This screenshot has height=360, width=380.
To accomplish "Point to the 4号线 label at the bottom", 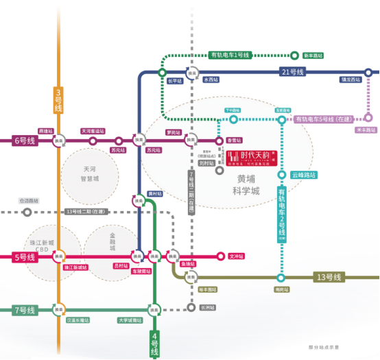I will (154, 342).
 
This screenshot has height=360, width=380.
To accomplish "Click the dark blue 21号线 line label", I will (294, 72).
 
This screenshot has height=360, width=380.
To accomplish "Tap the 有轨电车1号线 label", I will (230, 56).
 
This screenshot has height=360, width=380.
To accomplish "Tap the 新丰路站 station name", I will (313, 56).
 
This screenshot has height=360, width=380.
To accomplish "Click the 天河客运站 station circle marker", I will (93, 141).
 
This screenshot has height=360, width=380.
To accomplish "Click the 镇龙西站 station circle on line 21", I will (368, 72).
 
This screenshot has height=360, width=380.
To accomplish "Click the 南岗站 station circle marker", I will (281, 278).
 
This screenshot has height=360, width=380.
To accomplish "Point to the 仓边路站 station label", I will (29, 201).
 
